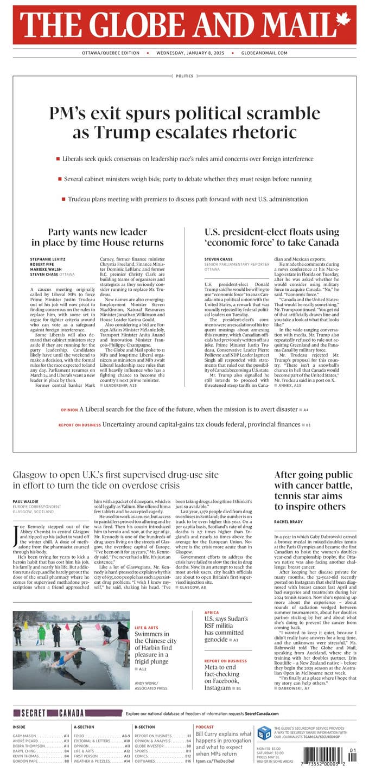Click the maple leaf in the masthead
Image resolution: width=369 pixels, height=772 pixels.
click(343, 21)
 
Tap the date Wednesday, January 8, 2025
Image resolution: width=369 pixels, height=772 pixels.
click(187, 53)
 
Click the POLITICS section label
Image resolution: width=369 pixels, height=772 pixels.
click(184, 76)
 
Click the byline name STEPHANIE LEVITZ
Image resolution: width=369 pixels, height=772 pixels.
click(47, 259)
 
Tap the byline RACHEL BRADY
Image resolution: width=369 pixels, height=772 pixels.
click(289, 522)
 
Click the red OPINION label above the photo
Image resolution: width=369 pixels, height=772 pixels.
click(69, 410)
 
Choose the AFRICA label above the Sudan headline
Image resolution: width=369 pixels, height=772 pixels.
click(212, 613)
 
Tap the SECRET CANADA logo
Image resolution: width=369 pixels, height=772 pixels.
click(49, 713)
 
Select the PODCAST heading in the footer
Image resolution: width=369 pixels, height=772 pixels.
click(205, 726)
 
